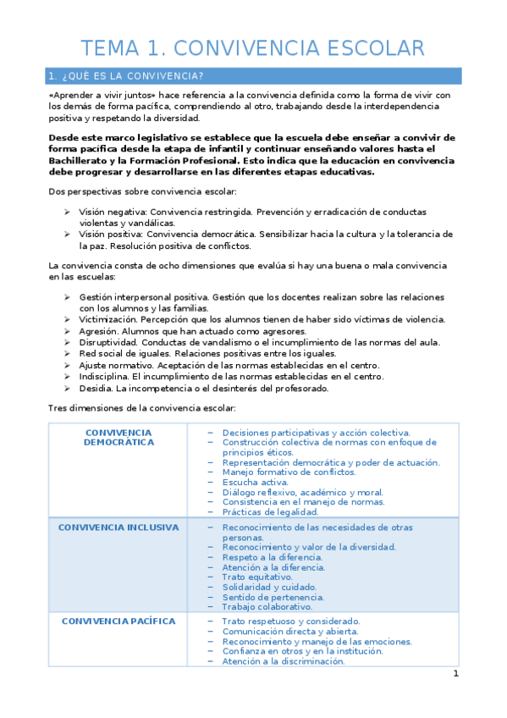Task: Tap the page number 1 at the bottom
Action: [x=455, y=673]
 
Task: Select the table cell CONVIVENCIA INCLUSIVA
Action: [x=118, y=527]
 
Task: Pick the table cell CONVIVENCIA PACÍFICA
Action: [x=118, y=621]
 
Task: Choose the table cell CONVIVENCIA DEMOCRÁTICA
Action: [x=118, y=437]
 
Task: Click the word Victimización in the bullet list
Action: [x=107, y=319]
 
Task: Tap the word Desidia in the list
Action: [x=96, y=389]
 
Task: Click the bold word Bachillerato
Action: [x=81, y=161]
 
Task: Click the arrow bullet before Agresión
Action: [x=67, y=331]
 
